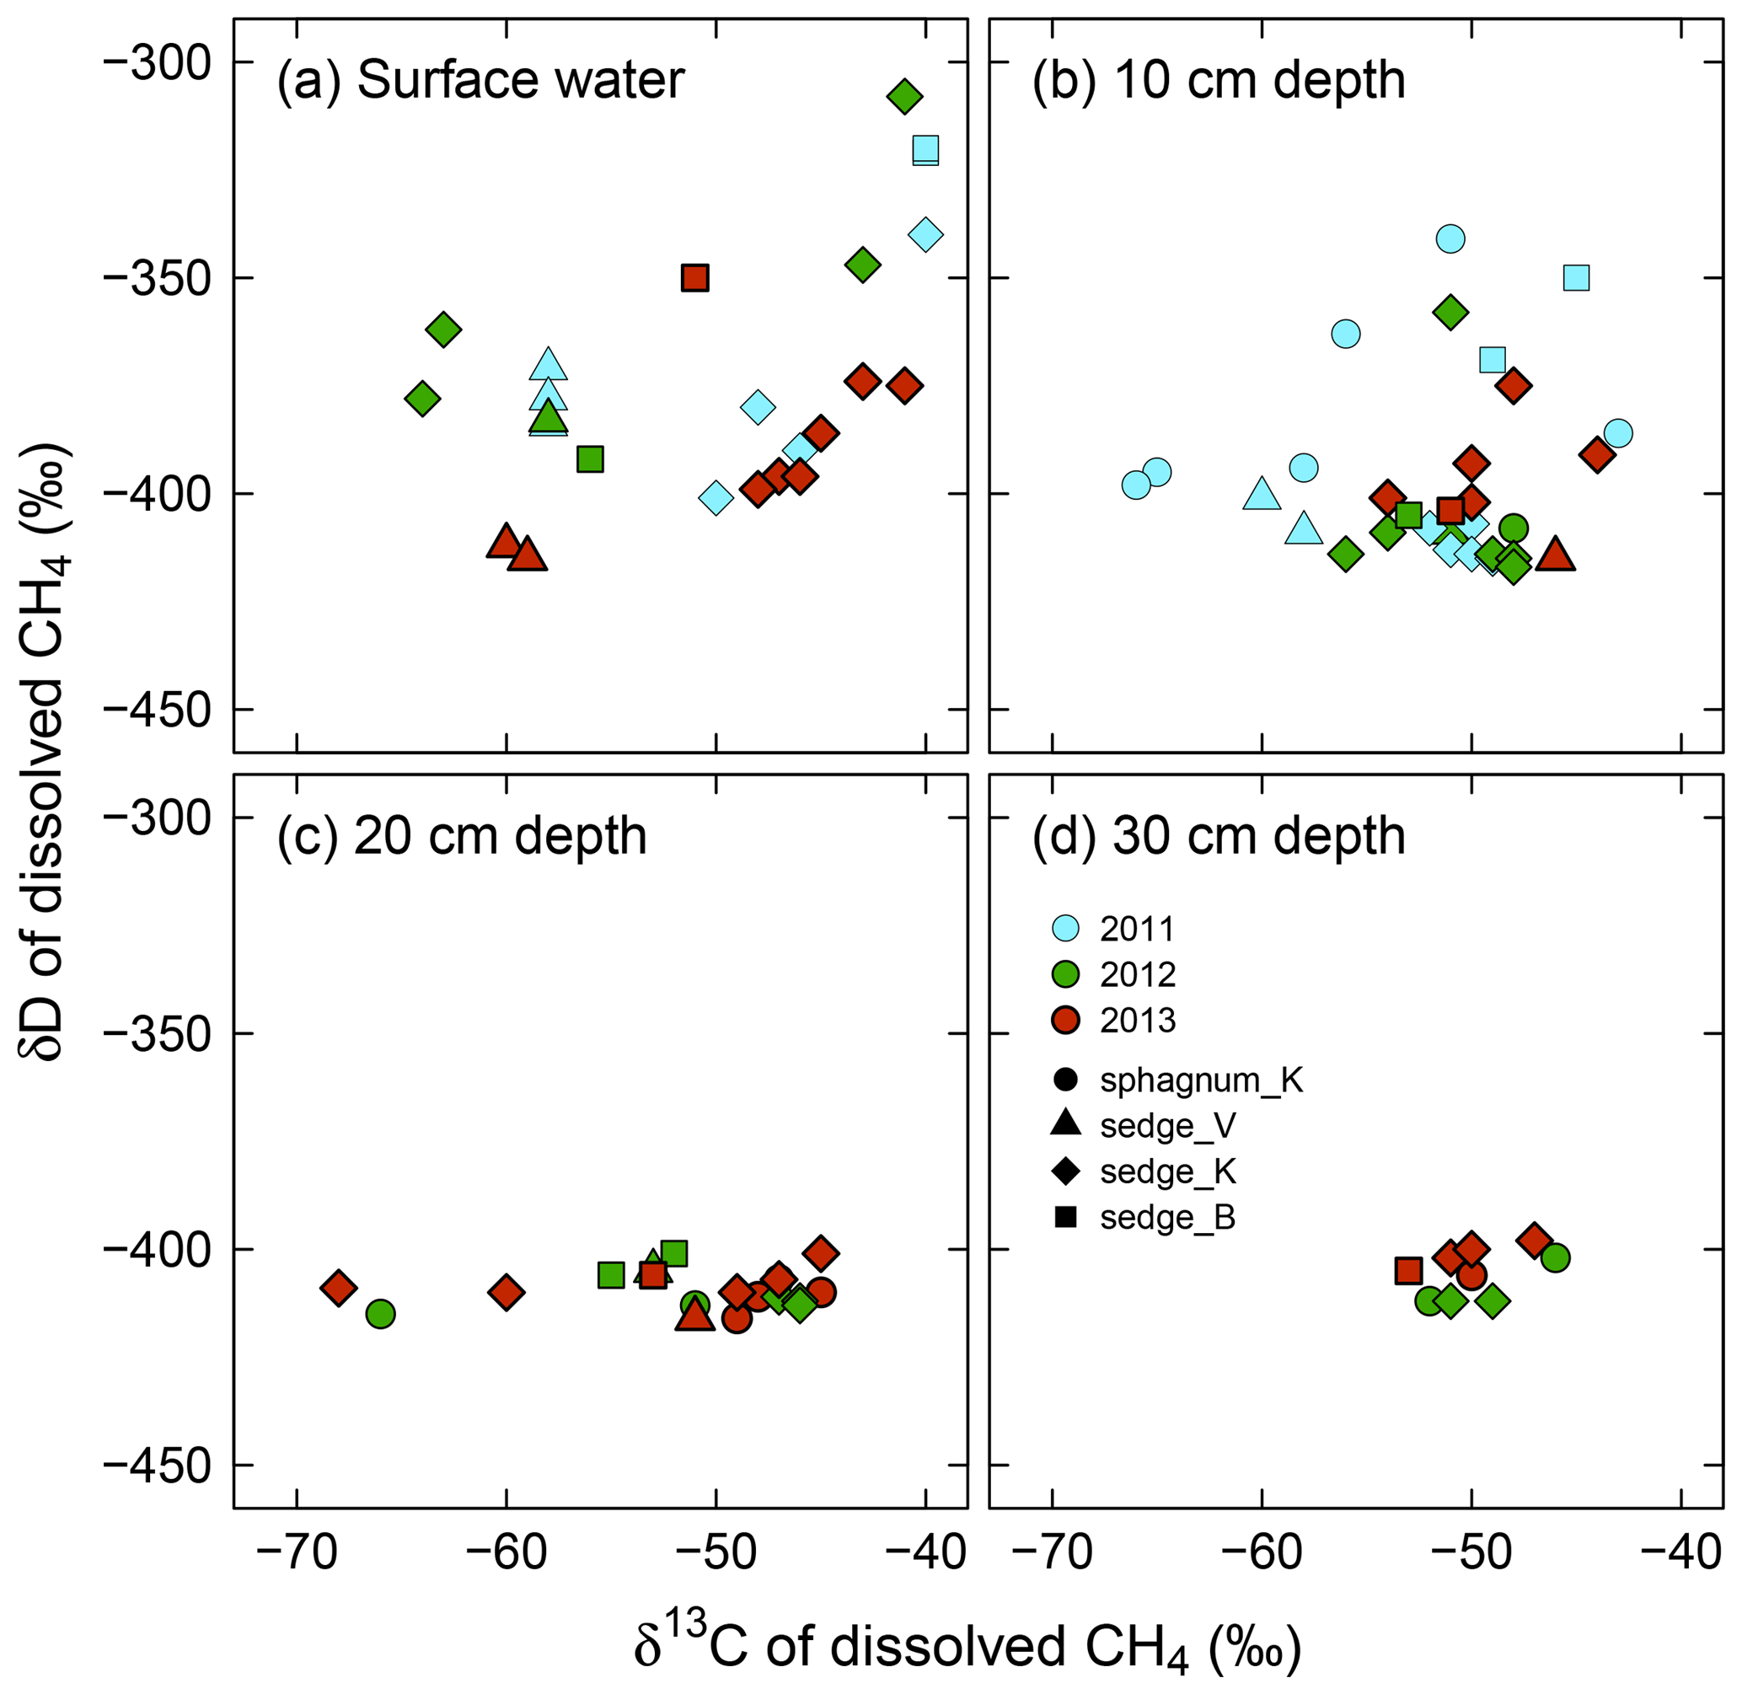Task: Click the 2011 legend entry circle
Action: click(1065, 928)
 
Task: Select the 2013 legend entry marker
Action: click(1065, 1020)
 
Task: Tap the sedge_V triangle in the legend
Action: click(1065, 1124)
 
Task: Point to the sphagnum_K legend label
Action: click(1200, 1080)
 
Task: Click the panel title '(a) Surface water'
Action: click(480, 80)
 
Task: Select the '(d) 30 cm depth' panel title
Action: click(1218, 836)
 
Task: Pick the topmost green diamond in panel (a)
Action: click(904, 96)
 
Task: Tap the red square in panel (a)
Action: click(694, 277)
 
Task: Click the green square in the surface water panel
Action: click(590, 459)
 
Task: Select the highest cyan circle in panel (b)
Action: click(1450, 239)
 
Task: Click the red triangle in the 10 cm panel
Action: click(1555, 555)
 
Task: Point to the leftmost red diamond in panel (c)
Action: click(338, 1288)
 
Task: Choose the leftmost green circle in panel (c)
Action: click(380, 1313)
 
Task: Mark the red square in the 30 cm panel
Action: click(1408, 1271)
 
